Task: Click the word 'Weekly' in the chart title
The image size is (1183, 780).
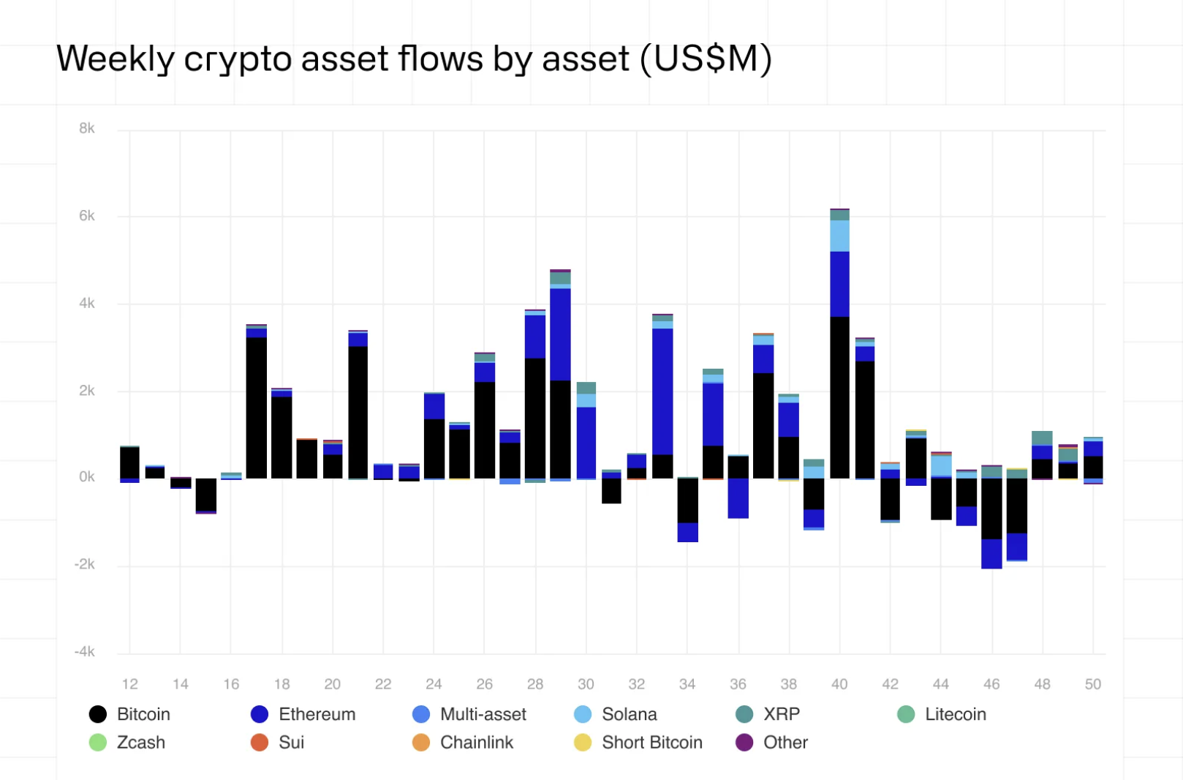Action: pyautogui.click(x=115, y=59)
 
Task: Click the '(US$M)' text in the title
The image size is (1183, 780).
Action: pyautogui.click(x=706, y=59)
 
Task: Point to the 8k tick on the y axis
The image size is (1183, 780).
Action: pyautogui.click(x=86, y=129)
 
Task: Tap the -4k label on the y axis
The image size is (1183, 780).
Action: pyautogui.click(x=85, y=652)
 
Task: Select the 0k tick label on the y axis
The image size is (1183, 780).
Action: pyautogui.click(x=86, y=477)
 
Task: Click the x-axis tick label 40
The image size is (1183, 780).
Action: pyautogui.click(x=839, y=684)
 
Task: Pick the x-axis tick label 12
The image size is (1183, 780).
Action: pyautogui.click(x=129, y=684)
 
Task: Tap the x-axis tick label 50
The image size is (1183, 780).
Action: pyautogui.click(x=1092, y=684)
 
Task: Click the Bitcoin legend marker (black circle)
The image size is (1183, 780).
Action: pyautogui.click(x=97, y=714)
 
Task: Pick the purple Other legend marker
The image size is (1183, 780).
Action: pyautogui.click(x=744, y=743)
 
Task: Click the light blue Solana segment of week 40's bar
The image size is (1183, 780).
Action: pyautogui.click(x=839, y=236)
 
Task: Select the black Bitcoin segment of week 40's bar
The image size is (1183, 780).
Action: pyautogui.click(x=839, y=397)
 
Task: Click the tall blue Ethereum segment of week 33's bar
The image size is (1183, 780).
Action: pyautogui.click(x=662, y=391)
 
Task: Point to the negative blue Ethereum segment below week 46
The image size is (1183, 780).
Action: pyautogui.click(x=991, y=554)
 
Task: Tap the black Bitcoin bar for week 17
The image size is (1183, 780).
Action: pyautogui.click(x=256, y=408)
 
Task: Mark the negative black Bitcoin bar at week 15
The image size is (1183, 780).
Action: pyautogui.click(x=206, y=495)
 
